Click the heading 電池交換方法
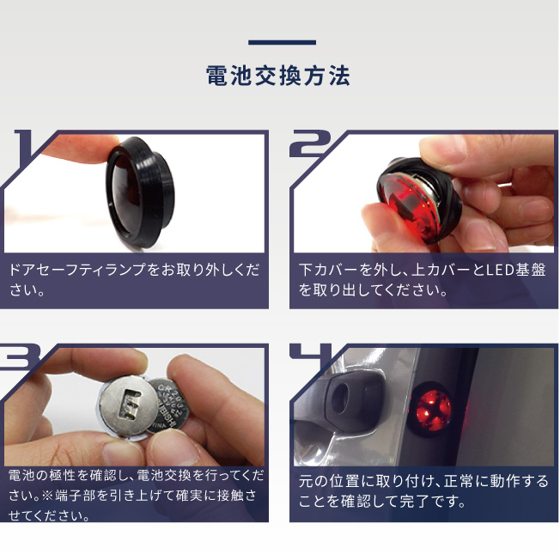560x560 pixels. pyautogui.click(x=278, y=76)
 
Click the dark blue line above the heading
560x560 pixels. pyautogui.click(x=282, y=42)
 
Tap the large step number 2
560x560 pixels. pyautogui.click(x=311, y=143)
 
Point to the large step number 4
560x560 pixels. pyautogui.click(x=311, y=354)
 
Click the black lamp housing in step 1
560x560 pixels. pyautogui.click(x=140, y=193)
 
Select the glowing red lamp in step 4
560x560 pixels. pyautogui.click(x=433, y=410)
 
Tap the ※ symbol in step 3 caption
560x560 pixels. pyautogui.click(x=47, y=496)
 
